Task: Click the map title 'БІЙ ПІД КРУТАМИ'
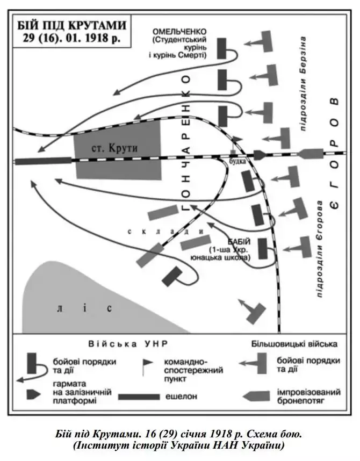[x=70, y=25]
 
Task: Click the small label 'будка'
[x=237, y=161]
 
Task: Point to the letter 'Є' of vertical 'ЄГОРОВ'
[x=334, y=203]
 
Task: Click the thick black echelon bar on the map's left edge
[x=43, y=160]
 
